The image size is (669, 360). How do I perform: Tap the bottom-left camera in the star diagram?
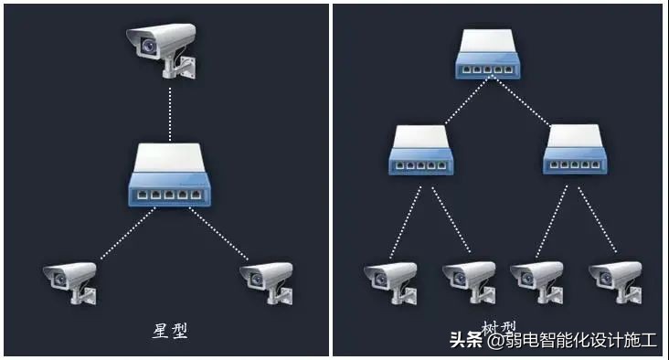point(71,280)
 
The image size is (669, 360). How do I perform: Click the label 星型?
point(170,330)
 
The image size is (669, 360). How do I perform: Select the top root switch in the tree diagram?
point(494,54)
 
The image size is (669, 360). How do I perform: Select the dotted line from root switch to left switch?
point(463,100)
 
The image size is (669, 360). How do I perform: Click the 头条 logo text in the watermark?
point(465,341)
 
